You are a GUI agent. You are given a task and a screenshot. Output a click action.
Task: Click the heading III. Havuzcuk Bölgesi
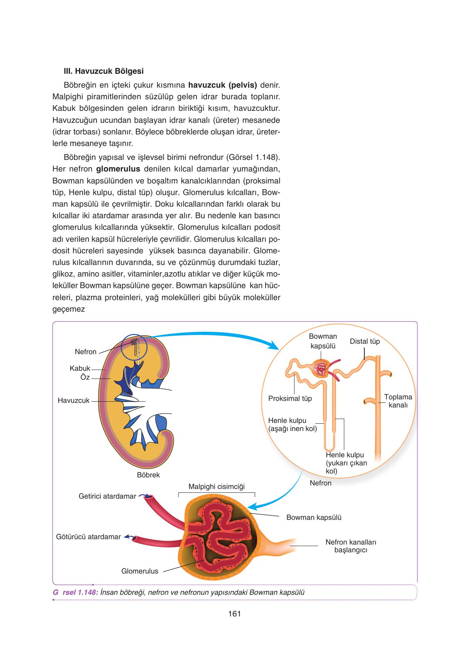[x=103, y=71]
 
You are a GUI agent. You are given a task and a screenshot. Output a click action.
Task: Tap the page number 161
[x=234, y=614]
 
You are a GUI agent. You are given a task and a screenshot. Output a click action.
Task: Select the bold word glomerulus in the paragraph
[x=118, y=169]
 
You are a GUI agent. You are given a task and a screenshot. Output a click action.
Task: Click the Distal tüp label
[x=365, y=341]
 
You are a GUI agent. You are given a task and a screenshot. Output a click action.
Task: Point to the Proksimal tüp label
[x=290, y=398]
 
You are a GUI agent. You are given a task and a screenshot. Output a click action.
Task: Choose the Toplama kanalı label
[x=398, y=401]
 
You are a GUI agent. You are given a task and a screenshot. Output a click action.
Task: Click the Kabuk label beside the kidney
[x=80, y=368]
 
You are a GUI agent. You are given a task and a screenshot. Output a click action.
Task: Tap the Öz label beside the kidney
[x=85, y=377]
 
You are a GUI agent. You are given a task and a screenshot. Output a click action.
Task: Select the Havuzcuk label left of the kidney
[x=73, y=401]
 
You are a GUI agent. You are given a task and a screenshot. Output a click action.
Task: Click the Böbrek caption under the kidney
[x=148, y=475]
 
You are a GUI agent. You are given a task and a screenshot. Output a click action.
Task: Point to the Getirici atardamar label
[x=107, y=496]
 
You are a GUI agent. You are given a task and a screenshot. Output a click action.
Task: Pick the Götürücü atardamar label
[x=88, y=537]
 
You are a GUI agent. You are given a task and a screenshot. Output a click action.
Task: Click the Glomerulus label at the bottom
[x=140, y=571]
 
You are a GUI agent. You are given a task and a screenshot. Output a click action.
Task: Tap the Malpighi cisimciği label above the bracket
[x=217, y=487]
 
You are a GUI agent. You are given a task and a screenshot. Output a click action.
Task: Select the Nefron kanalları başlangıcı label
[x=351, y=546]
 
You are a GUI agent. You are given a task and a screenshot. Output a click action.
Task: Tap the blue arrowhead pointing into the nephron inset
[x=274, y=345]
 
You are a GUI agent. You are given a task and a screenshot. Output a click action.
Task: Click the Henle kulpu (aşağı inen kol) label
[x=292, y=424]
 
